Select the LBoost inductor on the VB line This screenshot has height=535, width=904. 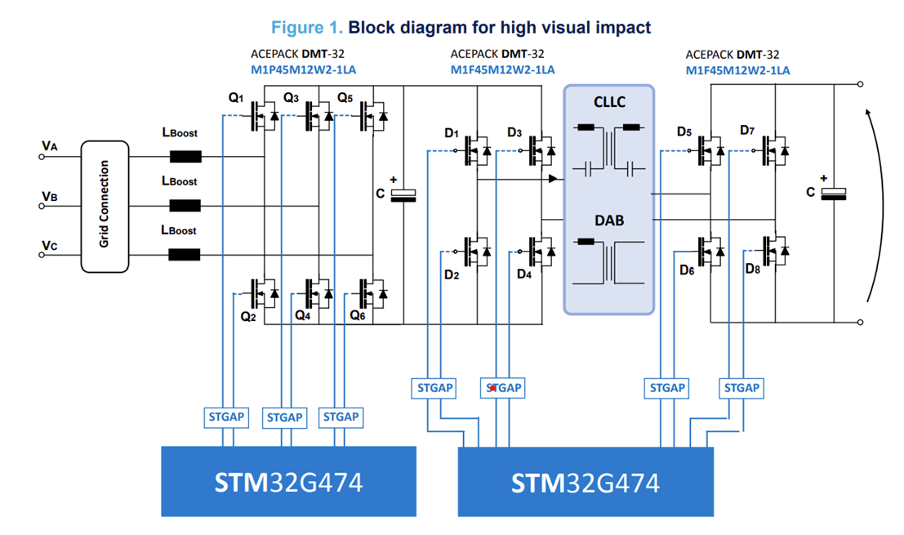184,206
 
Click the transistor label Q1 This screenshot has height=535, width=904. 236,99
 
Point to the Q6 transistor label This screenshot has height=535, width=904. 357,314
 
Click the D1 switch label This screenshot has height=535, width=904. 452,132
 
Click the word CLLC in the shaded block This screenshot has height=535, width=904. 608,102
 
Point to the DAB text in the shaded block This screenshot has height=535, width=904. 608,220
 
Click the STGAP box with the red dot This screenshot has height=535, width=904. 503,388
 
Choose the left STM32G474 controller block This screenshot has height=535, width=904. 288,481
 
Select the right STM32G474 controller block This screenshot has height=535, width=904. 585,482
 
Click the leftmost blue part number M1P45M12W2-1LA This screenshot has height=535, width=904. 303,69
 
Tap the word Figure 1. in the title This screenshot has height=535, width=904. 307,28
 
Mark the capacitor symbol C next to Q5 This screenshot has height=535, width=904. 403,194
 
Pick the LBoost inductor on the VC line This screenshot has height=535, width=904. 184,255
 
